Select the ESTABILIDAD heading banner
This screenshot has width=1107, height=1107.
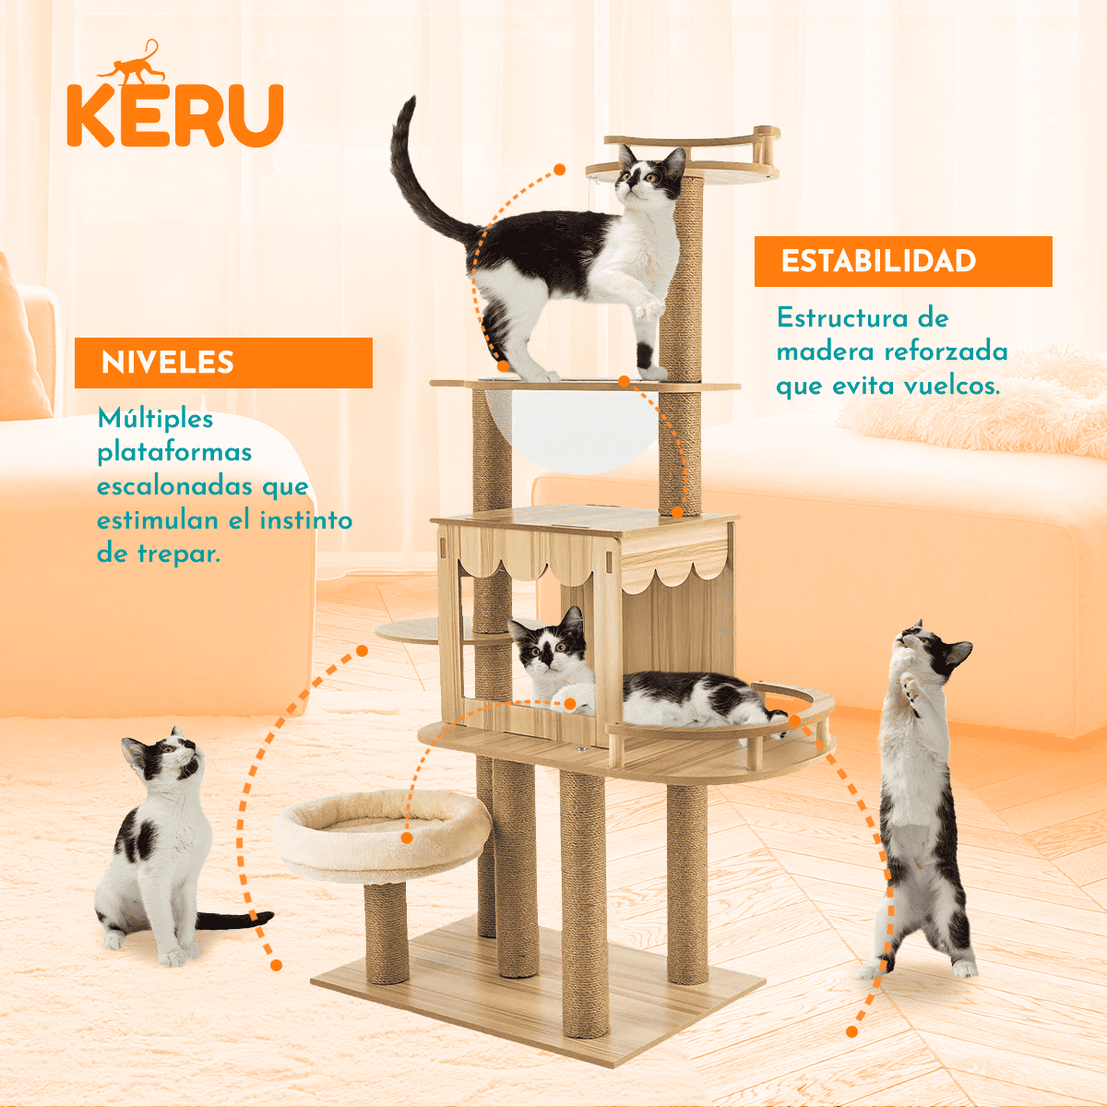click(902, 261)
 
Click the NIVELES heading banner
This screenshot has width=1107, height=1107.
click(223, 363)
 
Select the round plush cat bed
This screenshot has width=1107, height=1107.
click(383, 835)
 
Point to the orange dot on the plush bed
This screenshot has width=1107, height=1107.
click(407, 838)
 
